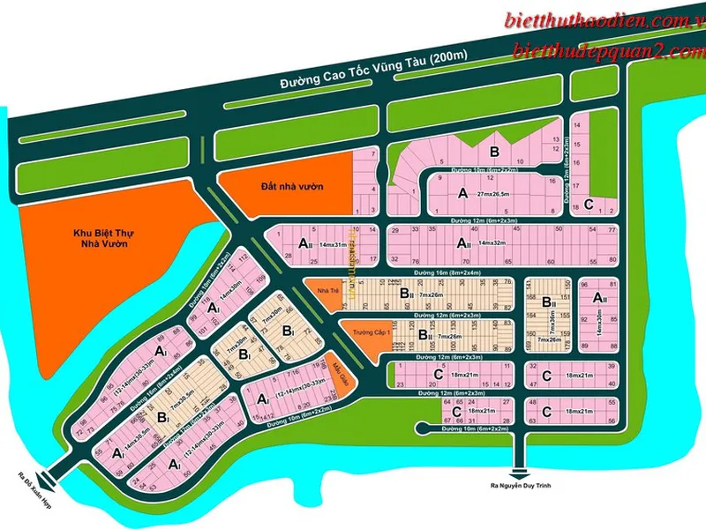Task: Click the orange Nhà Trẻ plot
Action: coord(327,291)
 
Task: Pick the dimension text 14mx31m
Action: coord(333,242)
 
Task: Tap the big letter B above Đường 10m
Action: coord(495,151)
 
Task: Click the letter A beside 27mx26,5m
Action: coord(462,192)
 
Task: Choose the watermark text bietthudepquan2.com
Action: coord(609,52)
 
